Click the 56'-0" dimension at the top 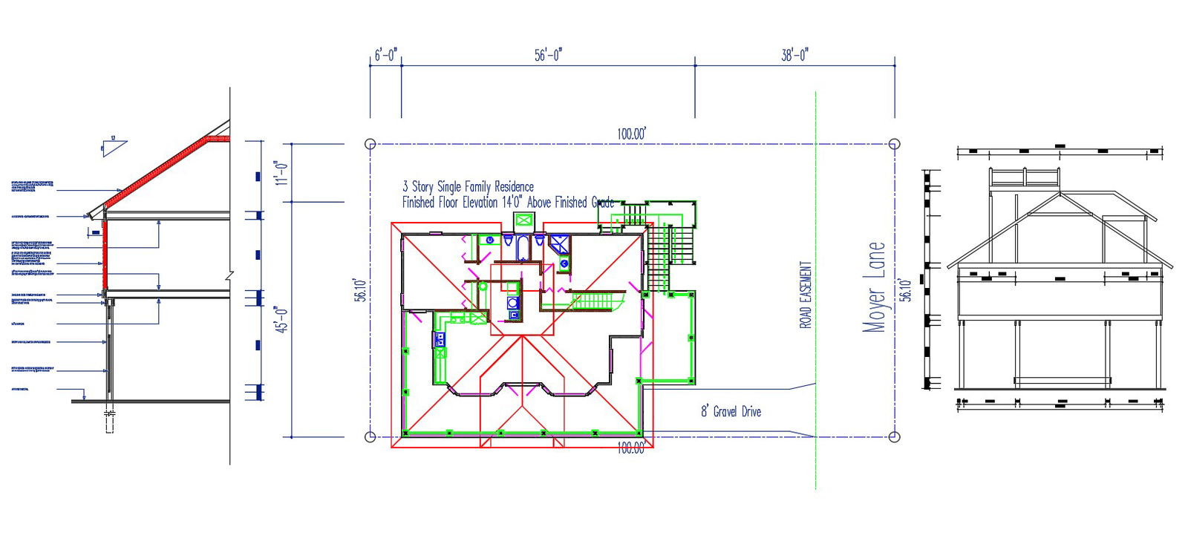tap(548, 55)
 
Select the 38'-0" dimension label tap(794, 55)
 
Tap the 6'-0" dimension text tap(385, 55)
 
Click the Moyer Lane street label tap(875, 286)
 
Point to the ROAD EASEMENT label tap(806, 295)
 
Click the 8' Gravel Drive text tap(731, 411)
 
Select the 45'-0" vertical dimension tap(281, 319)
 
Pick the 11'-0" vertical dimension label tap(281, 172)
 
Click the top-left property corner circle tap(371, 144)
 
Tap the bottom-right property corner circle tap(894, 436)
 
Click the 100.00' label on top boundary tap(631, 134)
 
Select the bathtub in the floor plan tap(522, 246)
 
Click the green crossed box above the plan tap(524, 220)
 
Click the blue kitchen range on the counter tap(440, 340)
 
